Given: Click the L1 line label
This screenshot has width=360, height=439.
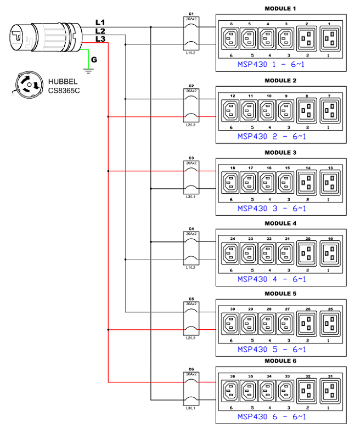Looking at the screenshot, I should pyautogui.click(x=100, y=22).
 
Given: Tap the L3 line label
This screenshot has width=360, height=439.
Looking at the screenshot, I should pyautogui.click(x=100, y=39).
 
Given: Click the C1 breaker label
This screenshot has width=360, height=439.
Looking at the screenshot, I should pyautogui.click(x=191, y=13).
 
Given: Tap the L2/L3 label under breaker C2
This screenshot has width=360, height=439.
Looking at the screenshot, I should pyautogui.click(x=191, y=126).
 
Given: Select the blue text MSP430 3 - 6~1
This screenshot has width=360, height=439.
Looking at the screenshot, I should pyautogui.click(x=272, y=209).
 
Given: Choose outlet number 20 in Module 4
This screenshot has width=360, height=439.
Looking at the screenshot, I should pyautogui.click(x=308, y=253).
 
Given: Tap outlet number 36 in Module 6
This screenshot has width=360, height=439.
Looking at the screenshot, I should pyautogui.click(x=232, y=391).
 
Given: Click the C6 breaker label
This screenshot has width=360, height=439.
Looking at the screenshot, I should pyautogui.click(x=191, y=369).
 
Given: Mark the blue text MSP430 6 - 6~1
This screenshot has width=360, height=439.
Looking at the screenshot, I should pyautogui.click(x=272, y=417).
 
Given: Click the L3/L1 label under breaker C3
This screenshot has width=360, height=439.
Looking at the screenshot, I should pyautogui.click(x=191, y=196).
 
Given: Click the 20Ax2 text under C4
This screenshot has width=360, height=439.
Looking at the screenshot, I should pyautogui.click(x=191, y=234).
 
